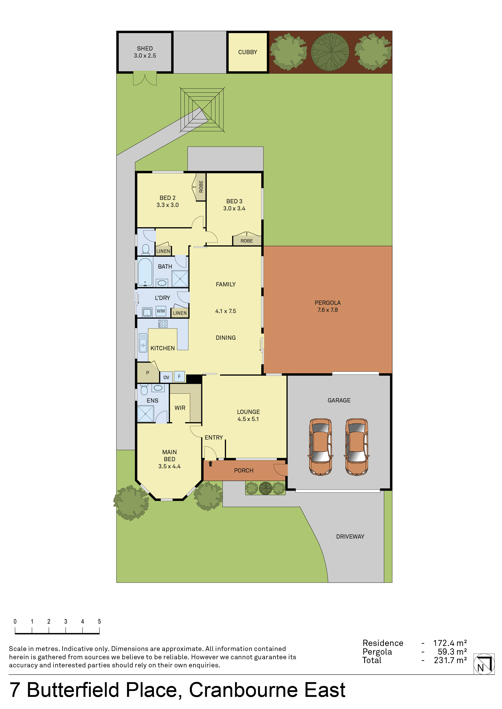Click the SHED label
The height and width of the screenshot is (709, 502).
[x=145, y=49]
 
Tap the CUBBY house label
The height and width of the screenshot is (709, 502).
[x=248, y=52]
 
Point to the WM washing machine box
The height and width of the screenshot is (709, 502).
[x=161, y=311]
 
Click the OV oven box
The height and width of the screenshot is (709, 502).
[x=166, y=377]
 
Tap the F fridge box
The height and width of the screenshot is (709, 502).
[x=179, y=376]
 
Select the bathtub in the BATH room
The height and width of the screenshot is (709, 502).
[x=145, y=272]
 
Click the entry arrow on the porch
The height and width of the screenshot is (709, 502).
[x=210, y=463]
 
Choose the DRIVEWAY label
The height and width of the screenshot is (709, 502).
[x=350, y=536]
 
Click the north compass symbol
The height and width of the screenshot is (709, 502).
[x=484, y=664]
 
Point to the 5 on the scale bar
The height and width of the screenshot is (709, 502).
[x=99, y=621]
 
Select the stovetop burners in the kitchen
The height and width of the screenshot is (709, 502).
[x=163, y=324]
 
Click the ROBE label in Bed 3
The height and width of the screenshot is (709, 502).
[x=247, y=241]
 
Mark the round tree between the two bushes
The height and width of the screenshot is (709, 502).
[x=330, y=52]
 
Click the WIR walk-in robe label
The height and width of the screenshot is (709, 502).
[x=180, y=408]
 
